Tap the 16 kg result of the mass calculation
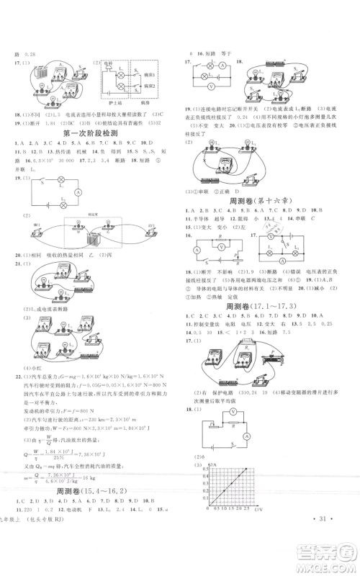coord(106,495)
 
